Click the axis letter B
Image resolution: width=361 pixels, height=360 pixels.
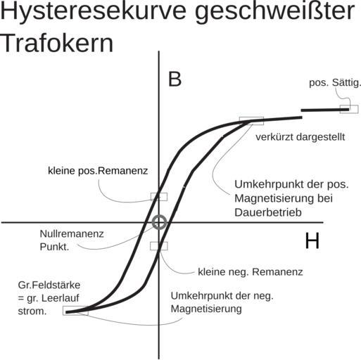[x=175, y=79]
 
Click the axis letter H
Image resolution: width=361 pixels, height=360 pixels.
[x=312, y=240]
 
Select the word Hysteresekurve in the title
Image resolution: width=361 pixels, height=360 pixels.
[x=93, y=11]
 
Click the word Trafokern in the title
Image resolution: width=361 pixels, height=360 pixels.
[x=57, y=44]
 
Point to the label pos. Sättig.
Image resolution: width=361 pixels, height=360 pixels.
[x=335, y=82]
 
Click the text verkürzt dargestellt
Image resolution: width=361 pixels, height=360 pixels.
[x=300, y=137]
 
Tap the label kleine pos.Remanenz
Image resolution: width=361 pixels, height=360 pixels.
[x=98, y=171]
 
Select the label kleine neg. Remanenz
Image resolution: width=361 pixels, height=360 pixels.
[x=251, y=272]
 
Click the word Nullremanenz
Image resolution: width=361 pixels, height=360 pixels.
[x=72, y=234]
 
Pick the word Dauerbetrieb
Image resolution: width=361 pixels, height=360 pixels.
[x=268, y=212]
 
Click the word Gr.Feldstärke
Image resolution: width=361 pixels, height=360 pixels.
[x=49, y=285]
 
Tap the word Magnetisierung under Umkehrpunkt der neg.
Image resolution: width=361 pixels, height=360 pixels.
[x=206, y=309]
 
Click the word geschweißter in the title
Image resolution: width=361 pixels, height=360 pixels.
[x=274, y=12]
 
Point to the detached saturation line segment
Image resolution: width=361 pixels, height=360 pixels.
[x=325, y=110]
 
